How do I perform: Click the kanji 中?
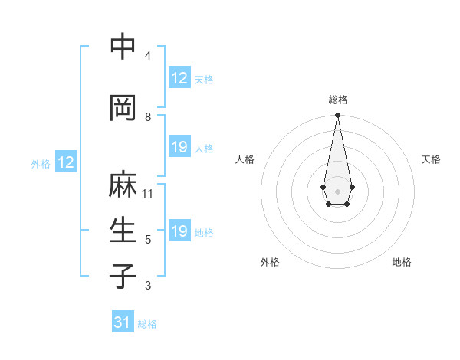coord(123,47)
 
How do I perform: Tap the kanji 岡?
coord(123,108)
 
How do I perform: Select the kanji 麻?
coord(123,185)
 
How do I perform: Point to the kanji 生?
coord(123,231)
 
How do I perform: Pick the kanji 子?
coord(123,277)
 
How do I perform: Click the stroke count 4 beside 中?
coord(148,56)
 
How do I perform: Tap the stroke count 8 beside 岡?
coord(148,117)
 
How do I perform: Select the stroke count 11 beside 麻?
coord(148,194)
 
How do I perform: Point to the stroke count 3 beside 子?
coord(148,286)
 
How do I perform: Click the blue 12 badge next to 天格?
coord(179,78)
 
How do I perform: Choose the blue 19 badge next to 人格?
coord(179,147)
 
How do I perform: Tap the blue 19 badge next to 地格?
coord(179,231)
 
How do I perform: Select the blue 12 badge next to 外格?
coord(66,162)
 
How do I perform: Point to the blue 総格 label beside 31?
coord(147,324)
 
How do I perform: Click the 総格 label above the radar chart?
coord(337,100)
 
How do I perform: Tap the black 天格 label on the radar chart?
coord(431,159)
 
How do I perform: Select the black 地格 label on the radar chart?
coord(402,262)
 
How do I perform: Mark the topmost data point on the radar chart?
coord(337,116)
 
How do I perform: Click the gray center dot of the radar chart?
coord(337,190)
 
